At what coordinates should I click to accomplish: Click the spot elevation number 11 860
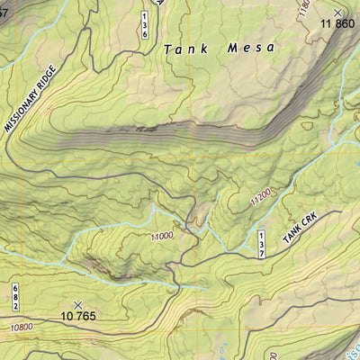coord(338,23)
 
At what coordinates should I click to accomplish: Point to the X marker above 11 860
coord(338,11)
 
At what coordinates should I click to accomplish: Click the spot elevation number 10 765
coord(79,316)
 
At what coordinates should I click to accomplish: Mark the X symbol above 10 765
coord(78,304)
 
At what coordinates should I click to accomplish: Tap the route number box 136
coord(144,25)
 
